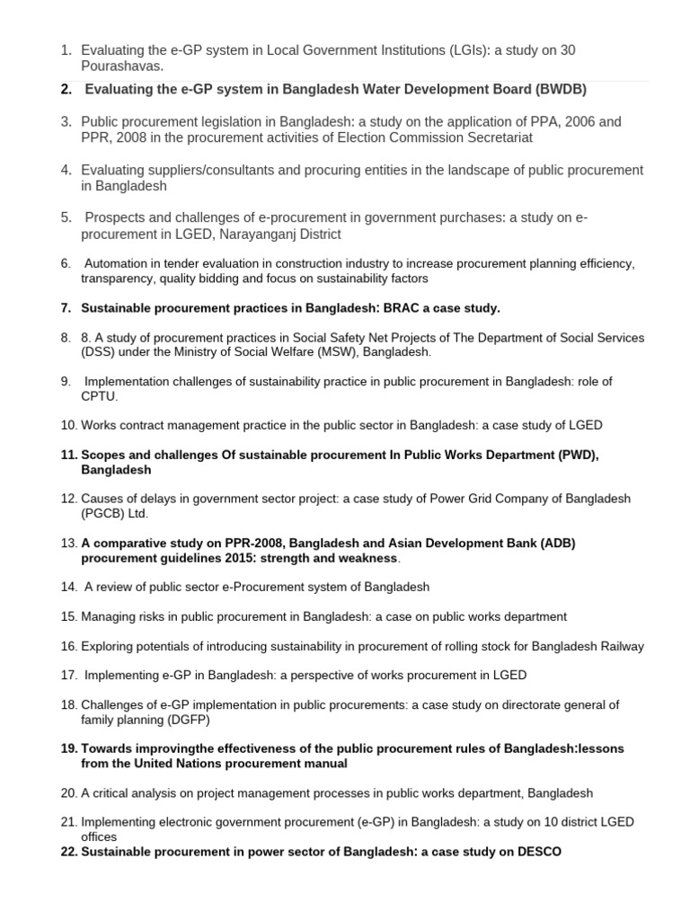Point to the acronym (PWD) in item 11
tap(572, 455)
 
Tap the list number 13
tap(69, 543)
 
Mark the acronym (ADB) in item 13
tap(551, 543)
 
